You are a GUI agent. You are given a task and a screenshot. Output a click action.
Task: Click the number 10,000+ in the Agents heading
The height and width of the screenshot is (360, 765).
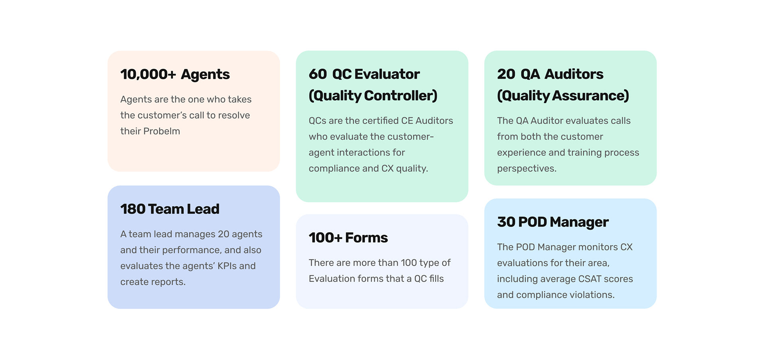pyautogui.click(x=148, y=74)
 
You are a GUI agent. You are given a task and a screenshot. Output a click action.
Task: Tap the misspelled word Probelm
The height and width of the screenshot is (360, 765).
pyautogui.click(x=162, y=131)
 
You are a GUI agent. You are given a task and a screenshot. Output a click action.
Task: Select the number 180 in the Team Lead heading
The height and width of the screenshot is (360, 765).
pyautogui.click(x=133, y=209)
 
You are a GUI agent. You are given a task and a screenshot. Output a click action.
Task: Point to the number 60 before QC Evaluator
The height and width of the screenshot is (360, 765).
pyautogui.click(x=318, y=74)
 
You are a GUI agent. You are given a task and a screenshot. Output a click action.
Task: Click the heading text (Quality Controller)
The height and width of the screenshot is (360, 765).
pyautogui.click(x=373, y=96)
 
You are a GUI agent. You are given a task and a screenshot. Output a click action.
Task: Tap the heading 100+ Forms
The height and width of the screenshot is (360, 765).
pyautogui.click(x=348, y=238)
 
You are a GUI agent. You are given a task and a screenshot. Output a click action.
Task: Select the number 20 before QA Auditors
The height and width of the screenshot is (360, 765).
pyautogui.click(x=506, y=74)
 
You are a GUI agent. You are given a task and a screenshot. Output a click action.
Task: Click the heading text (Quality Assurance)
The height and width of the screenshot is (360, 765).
pyautogui.click(x=563, y=96)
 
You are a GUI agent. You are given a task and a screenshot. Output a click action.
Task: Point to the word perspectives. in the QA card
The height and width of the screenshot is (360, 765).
pyautogui.click(x=527, y=168)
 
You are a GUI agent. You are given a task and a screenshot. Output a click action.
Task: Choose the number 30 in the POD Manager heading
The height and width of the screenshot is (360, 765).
pyautogui.click(x=506, y=222)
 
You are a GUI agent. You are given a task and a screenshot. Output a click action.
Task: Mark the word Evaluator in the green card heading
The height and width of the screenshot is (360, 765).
pyautogui.click(x=387, y=74)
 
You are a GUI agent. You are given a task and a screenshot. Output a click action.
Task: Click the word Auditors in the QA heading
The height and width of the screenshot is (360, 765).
pyautogui.click(x=574, y=74)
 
